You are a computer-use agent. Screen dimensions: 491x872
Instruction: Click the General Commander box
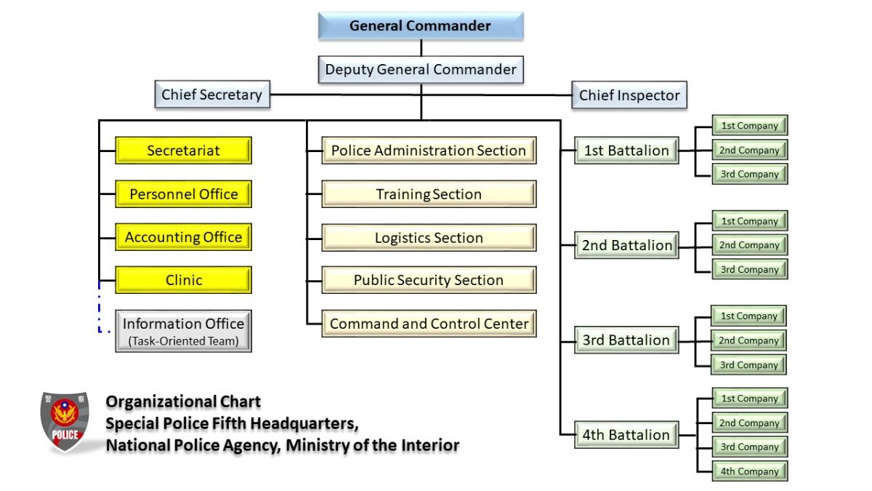420,26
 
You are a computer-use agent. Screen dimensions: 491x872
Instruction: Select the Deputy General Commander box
421,70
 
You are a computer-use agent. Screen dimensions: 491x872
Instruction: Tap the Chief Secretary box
211,95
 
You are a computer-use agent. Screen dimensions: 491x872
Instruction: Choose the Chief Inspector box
629,95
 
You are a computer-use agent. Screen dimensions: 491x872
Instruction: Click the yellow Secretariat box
183,151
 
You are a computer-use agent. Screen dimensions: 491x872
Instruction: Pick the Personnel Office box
183,194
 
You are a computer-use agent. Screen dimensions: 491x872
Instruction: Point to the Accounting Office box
183,237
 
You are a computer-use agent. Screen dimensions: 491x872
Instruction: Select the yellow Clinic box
183,280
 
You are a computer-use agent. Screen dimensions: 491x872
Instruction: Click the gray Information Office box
183,331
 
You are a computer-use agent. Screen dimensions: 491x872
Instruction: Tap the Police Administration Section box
429,151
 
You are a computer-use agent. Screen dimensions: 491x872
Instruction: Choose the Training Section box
429,194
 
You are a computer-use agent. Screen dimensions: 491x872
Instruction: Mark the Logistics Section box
429,238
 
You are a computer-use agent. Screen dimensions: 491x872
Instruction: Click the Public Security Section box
429,280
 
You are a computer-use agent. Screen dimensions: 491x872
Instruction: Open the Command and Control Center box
429,324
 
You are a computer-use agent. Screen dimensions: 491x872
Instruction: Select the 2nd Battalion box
626,245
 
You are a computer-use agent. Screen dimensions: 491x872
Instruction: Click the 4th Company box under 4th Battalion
748,471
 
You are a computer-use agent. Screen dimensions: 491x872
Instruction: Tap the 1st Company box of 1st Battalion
749,126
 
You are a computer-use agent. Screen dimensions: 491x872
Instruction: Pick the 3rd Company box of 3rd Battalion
748,365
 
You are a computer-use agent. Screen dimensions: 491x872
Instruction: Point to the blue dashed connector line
100,309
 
